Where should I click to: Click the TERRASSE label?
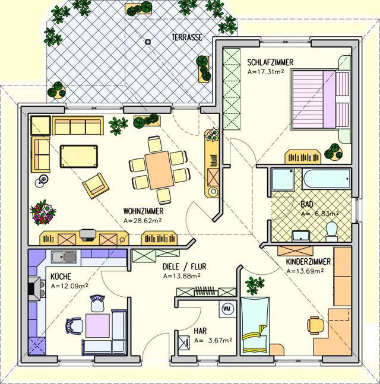187,37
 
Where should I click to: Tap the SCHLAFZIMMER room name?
270,62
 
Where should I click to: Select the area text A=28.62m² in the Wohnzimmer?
142,221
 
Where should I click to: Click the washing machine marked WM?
227,309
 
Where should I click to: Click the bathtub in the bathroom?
327,179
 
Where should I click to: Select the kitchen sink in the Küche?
64,257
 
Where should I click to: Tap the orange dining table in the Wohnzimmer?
159,170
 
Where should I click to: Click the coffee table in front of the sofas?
79,156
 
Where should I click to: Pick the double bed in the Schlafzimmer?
319,100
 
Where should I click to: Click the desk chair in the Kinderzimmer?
316,325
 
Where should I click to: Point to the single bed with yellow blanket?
255,326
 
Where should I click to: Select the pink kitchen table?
97,325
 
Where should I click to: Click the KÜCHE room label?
61,277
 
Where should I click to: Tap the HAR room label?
200,331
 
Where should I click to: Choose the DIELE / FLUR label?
185,266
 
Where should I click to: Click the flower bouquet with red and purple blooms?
43,212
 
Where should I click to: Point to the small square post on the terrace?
148,42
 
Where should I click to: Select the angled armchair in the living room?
96,186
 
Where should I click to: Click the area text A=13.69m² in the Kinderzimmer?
305,271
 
